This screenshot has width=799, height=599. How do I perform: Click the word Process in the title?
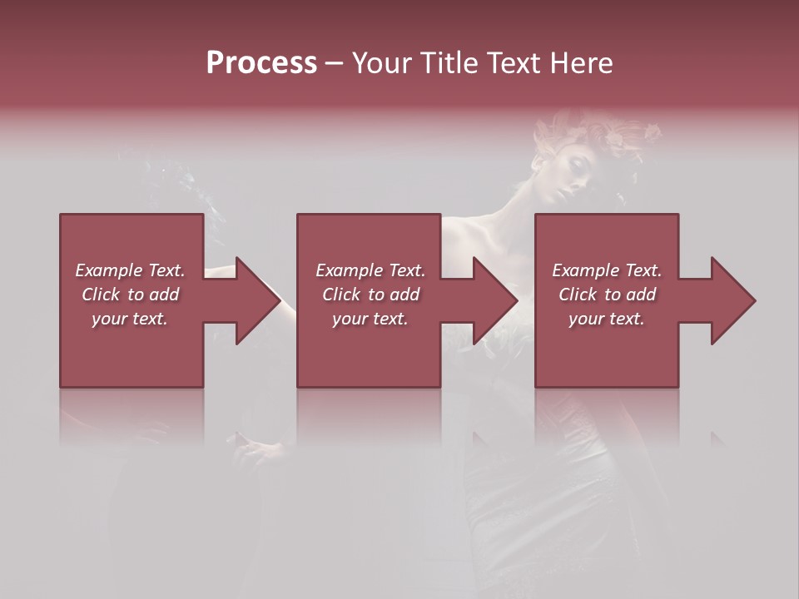[x=261, y=63]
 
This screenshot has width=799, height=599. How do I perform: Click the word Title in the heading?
[x=447, y=63]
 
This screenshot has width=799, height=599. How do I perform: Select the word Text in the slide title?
[x=514, y=63]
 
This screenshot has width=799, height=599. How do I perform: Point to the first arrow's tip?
[x=280, y=300]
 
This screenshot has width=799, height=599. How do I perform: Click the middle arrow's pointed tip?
[x=517, y=300]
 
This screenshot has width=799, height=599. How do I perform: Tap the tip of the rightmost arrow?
[x=755, y=300]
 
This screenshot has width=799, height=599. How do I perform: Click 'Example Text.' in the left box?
[x=130, y=270]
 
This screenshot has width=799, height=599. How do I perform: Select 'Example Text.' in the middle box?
[x=370, y=270]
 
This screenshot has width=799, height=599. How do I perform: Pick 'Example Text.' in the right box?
[x=607, y=270]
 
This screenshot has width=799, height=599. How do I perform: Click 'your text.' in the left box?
[x=130, y=319]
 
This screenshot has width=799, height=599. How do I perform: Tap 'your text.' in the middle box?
[x=370, y=319]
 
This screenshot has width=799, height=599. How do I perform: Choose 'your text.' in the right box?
[x=607, y=319]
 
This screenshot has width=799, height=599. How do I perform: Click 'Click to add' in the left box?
[x=130, y=295]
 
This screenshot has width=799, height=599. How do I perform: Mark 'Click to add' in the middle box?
[x=370, y=295]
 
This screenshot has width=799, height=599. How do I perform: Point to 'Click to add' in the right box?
[x=607, y=295]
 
